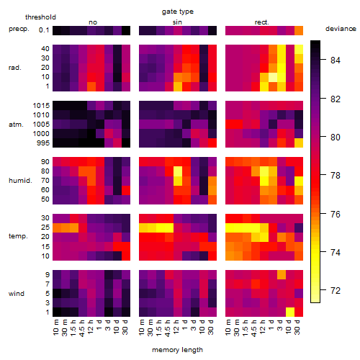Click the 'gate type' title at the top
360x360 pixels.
pyautogui.click(x=178, y=12)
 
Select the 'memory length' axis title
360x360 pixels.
pyautogui.click(x=178, y=350)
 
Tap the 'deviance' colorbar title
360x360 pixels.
pyautogui.click(x=341, y=29)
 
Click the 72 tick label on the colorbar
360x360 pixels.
pyautogui.click(x=336, y=291)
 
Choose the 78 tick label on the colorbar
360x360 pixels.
pyautogui.click(x=336, y=176)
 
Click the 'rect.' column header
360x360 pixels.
pyautogui.click(x=262, y=22)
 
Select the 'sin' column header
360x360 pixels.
pyautogui.click(x=177, y=22)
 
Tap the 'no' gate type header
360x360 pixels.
pyautogui.click(x=93, y=22)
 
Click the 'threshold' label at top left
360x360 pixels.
pyautogui.click(x=40, y=17)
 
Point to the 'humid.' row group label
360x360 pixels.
pyautogui.click(x=20, y=181)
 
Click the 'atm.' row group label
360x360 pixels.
pyautogui.click(x=16, y=125)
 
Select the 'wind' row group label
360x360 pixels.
pyautogui.click(x=17, y=294)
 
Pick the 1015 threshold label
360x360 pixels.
pyautogui.click(x=41, y=106)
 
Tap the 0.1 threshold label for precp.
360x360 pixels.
pyautogui.click(x=44, y=30)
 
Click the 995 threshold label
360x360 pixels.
pyautogui.click(x=43, y=143)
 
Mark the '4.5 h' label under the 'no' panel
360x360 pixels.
pyautogui.click(x=82, y=328)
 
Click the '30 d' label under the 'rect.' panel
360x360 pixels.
pyautogui.click(x=297, y=327)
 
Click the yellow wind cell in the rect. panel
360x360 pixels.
pyautogui.click(x=290, y=312)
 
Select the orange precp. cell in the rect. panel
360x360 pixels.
pyautogui.click(x=299, y=31)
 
